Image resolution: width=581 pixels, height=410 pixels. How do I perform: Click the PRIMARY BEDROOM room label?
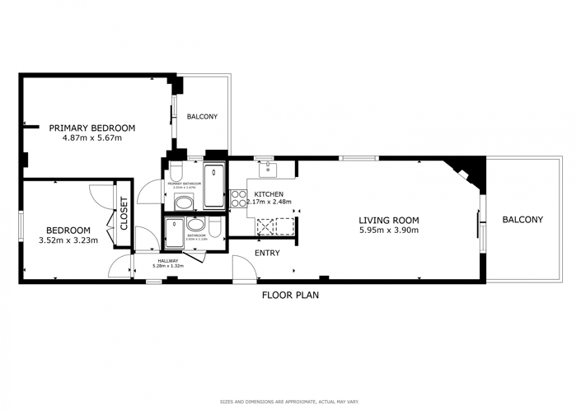(91, 128)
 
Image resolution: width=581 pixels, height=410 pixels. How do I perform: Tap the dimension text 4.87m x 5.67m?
(91, 137)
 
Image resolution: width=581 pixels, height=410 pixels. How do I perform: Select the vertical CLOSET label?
(124, 213)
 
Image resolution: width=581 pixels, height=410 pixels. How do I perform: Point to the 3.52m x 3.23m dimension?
(68, 240)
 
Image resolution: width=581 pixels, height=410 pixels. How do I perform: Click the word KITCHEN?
(269, 194)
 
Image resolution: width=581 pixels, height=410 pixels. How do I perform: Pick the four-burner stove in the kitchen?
(237, 198)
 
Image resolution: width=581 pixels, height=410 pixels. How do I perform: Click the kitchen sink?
(269, 170)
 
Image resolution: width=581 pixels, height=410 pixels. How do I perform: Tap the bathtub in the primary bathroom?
(214, 185)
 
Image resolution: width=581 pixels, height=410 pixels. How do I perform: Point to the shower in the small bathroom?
(175, 233)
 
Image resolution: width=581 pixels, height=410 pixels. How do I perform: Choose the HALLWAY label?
(168, 261)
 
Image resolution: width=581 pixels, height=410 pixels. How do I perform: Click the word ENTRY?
(266, 253)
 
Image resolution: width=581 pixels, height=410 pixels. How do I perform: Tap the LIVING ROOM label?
(388, 220)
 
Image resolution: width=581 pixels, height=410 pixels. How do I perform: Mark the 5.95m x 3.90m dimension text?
(388, 231)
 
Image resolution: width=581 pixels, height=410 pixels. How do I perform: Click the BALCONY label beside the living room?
(522, 219)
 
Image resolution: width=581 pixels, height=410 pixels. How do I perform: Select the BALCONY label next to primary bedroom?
(202, 117)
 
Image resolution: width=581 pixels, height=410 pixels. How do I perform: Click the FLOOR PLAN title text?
(290, 294)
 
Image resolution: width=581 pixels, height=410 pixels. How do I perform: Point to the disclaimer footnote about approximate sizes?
(289, 402)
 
